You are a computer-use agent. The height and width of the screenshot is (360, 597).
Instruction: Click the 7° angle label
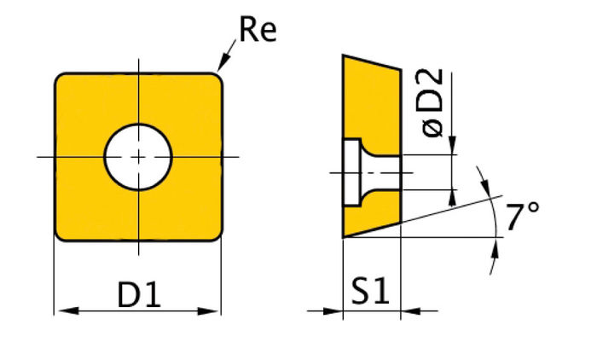(x=523, y=219)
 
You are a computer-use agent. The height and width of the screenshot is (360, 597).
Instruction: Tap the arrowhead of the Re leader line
(x=221, y=67)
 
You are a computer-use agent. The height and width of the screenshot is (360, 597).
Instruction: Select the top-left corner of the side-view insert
(x=344, y=56)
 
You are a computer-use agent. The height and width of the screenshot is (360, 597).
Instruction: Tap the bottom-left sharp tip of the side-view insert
(x=344, y=237)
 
